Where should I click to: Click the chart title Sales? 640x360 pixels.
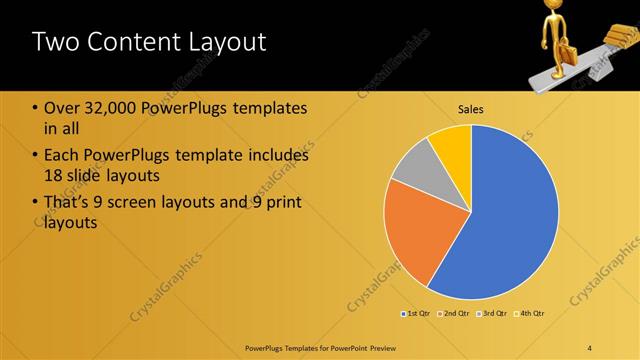click(471, 108)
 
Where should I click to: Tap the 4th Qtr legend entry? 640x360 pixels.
click(532, 313)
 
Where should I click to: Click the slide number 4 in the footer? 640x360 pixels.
click(590, 347)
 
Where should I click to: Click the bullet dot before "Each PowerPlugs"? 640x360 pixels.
click(36, 156)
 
